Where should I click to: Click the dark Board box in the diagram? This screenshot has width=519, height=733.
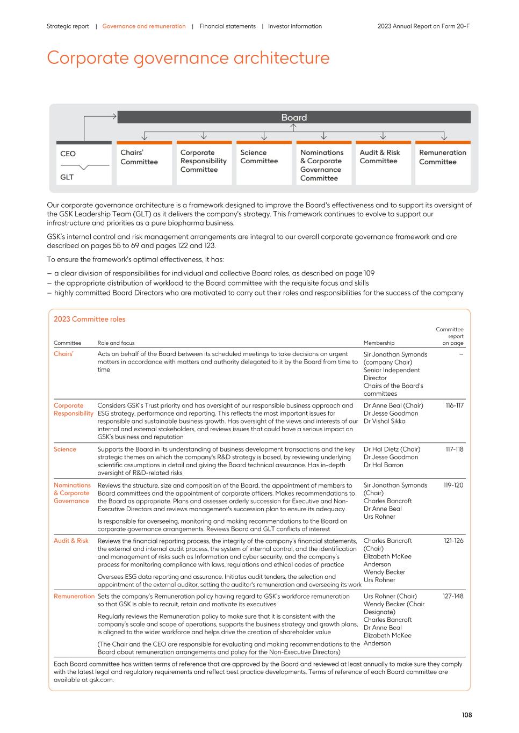294,117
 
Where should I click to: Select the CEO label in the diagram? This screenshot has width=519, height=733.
68,154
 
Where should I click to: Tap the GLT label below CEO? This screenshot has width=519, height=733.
67,177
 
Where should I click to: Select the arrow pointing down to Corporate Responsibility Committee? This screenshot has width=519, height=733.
204,135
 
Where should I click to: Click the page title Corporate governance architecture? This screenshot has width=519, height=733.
188,58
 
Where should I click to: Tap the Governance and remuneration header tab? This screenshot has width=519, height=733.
144,26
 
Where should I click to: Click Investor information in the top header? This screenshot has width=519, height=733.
295,26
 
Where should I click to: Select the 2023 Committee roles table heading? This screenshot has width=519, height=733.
89,319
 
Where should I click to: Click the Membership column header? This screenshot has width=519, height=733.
379,343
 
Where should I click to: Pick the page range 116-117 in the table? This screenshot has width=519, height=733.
454,405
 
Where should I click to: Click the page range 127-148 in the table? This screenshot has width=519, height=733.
452,596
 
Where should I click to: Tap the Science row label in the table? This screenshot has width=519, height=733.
65,449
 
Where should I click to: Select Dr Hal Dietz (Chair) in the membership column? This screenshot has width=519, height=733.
392,449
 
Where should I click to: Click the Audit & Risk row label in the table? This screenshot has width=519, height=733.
71,541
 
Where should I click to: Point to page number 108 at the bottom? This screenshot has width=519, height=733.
466,715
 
